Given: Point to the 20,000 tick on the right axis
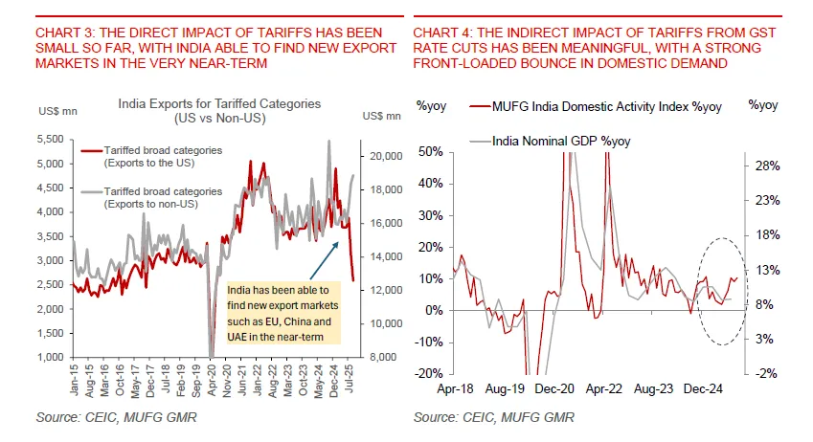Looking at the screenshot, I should [376, 155].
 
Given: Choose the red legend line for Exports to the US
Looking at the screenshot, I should [91, 151].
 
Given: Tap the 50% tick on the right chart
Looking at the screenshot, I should [430, 151].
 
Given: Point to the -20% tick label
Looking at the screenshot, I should [429, 373].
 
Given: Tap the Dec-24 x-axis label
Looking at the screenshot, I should [705, 390].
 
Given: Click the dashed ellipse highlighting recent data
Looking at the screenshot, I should [716, 287].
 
